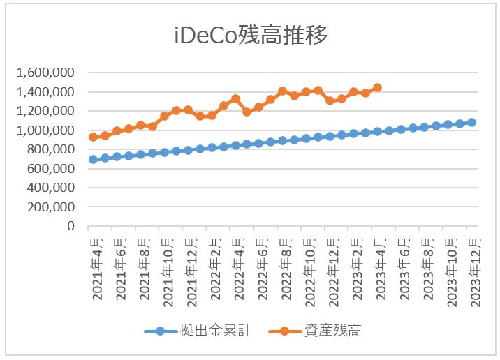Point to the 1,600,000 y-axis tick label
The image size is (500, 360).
pos(47,73)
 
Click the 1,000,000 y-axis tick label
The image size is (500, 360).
pos(47,130)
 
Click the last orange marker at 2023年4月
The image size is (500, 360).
pos(377,87)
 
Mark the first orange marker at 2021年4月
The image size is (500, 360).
pos(93,137)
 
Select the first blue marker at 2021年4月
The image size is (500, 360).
pos(93,159)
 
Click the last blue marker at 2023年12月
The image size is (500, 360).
pos(471,122)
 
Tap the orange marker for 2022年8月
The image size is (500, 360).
pos(282,91)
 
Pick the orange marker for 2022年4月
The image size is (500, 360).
pos(235,99)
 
